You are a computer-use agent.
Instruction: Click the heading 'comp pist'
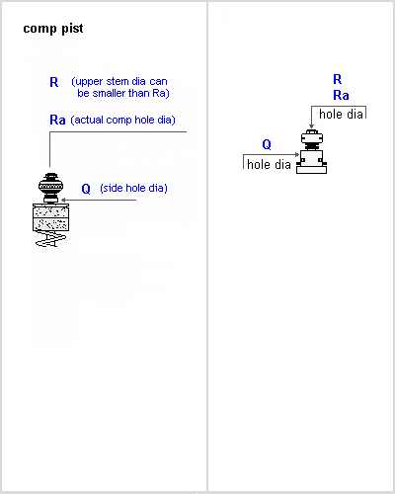point(53,29)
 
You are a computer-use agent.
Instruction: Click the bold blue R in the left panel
point(54,82)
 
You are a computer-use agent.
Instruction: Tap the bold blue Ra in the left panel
point(57,120)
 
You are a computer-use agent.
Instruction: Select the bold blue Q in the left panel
point(86,189)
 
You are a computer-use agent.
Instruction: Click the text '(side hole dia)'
point(133,188)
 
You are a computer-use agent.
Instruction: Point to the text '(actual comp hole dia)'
point(122,120)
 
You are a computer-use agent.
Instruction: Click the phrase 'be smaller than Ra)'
point(123,93)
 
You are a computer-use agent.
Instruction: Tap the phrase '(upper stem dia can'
point(119,81)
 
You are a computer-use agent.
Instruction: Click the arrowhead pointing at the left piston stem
point(63,200)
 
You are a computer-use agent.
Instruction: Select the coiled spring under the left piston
point(50,239)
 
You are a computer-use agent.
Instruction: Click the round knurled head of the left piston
point(50,186)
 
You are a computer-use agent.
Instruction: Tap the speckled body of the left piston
point(50,217)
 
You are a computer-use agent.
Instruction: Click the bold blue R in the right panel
point(338,79)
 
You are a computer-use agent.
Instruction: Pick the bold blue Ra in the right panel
point(341,96)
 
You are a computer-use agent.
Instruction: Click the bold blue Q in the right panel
point(267,144)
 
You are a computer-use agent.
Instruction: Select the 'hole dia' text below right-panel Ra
point(341,115)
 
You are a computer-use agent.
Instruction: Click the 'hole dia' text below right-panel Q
point(269,164)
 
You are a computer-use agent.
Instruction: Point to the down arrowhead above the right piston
point(311,126)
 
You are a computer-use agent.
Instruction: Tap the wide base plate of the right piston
point(311,169)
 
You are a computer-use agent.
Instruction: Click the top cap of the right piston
point(312,136)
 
